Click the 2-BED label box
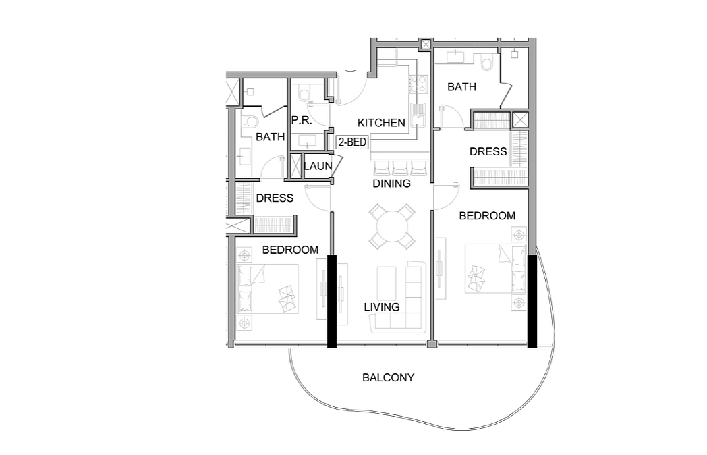pos(352,142)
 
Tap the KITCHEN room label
pos(381,123)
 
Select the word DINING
pos(391,183)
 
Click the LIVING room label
pos(382,307)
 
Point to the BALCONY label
pos(388,377)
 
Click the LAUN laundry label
pos(318,166)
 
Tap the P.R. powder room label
pos(302,120)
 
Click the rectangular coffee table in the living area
pos(387,283)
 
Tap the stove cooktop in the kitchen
pos(418,84)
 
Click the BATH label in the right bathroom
pos(461,86)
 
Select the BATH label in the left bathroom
pos(270,137)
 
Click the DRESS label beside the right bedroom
pos(488,152)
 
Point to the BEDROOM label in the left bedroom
pos(290,250)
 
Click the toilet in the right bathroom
pos(487,62)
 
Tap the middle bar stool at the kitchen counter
pos(400,168)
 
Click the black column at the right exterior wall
pos(532,301)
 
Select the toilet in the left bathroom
pos(250,121)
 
